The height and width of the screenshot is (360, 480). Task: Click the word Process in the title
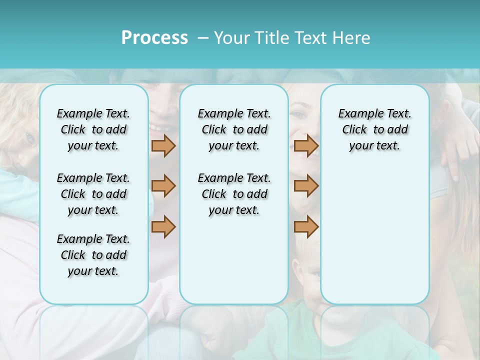pos(154,38)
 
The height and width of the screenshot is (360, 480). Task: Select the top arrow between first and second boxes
pos(163,146)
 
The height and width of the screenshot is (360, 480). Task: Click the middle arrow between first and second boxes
pos(163,186)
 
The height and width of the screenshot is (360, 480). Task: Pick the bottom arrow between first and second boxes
pos(163,226)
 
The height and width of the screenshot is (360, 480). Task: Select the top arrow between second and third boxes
pos(306,146)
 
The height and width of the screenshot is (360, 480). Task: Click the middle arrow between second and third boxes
pos(306,186)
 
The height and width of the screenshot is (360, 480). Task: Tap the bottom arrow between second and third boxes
pos(306,226)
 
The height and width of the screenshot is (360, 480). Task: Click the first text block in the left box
pos(93,129)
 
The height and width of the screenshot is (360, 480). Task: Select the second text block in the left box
pos(93,194)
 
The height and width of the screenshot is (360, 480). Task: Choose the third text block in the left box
pos(93,255)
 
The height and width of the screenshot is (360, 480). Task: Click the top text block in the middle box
pos(234,129)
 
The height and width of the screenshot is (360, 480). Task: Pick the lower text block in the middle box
pos(234,194)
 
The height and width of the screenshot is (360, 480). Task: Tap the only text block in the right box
pos(374,129)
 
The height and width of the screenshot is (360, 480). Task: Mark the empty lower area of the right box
pos(374,235)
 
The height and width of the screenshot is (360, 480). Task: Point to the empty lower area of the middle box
pos(234,260)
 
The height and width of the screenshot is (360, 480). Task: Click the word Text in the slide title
pos(311,38)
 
